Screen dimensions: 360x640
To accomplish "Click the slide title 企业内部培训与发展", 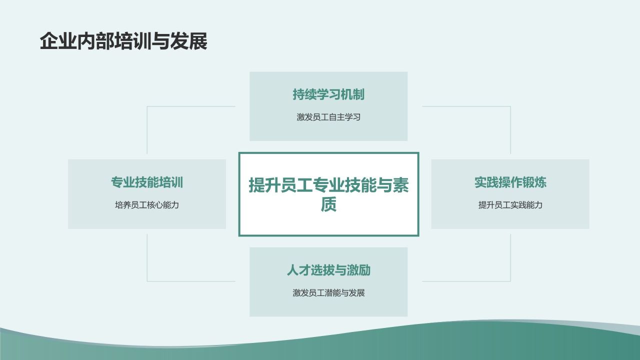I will [x=123, y=41].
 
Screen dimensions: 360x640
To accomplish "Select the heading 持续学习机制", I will [x=328, y=94].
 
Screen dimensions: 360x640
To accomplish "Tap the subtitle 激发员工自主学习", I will [x=328, y=117].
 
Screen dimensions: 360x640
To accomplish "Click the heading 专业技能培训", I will [x=147, y=182].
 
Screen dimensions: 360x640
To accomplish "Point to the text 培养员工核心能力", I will [x=147, y=205].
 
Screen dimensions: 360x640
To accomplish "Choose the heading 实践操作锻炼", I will [x=510, y=182].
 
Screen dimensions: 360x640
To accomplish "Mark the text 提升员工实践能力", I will [x=510, y=205].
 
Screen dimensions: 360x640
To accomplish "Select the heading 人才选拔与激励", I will [x=328, y=270].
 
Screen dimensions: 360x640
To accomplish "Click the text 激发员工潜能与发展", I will [x=328, y=293].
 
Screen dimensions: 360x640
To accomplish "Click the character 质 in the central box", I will [x=328, y=204].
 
